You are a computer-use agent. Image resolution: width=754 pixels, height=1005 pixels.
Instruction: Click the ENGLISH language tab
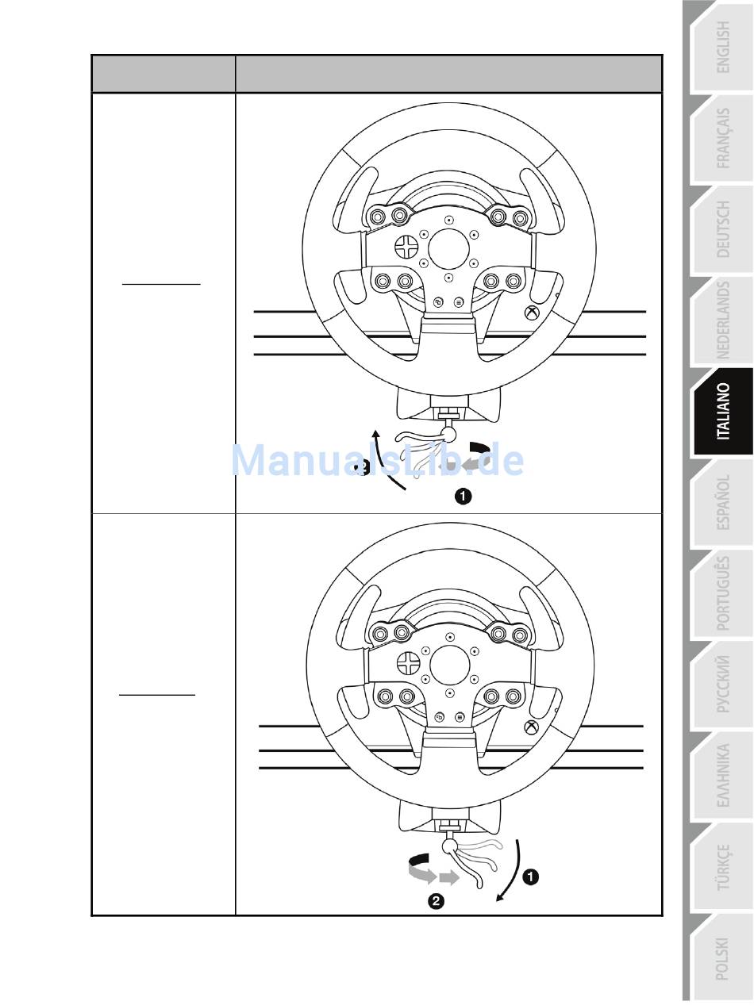[x=723, y=47]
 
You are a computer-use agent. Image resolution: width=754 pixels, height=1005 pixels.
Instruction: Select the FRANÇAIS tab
[x=723, y=138]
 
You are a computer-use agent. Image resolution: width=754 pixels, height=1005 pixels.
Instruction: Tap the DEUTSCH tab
[x=723, y=229]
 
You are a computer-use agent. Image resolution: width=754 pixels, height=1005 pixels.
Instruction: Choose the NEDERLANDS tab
[x=723, y=320]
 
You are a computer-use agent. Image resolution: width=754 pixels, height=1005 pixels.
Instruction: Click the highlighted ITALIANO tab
[x=723, y=411]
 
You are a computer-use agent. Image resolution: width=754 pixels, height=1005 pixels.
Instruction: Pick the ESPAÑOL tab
[x=723, y=502]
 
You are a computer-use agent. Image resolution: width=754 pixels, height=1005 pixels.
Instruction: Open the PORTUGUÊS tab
[x=723, y=593]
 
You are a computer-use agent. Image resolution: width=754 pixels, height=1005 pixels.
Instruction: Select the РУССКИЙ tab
[x=723, y=685]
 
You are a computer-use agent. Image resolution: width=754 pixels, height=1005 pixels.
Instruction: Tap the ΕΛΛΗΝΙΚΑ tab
[x=723, y=776]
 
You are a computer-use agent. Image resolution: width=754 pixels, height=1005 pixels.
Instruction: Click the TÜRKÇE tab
[x=723, y=867]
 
